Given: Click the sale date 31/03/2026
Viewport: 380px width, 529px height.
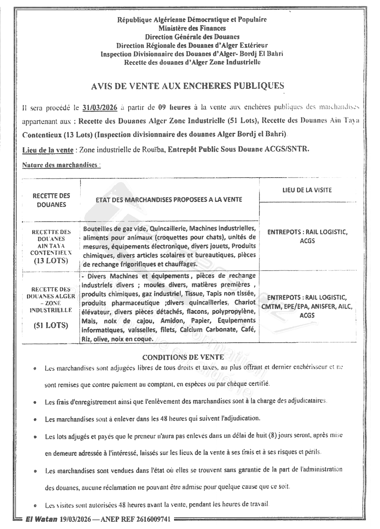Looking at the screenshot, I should (99, 107).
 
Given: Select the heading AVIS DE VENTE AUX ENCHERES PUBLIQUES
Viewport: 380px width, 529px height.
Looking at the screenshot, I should (188, 86).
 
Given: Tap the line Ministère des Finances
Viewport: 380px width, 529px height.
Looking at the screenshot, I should (192, 28).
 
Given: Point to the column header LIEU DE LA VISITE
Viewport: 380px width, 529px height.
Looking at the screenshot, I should (307, 190).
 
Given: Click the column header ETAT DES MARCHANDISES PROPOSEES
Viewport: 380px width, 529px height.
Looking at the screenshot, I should (169, 200).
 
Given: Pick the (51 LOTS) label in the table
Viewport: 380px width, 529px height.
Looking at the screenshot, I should (51, 325).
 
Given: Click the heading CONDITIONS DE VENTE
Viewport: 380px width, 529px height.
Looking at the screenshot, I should (183, 357).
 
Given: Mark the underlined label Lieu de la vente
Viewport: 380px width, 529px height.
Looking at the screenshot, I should (48, 150).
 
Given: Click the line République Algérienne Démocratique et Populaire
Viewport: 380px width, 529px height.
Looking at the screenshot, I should (192, 19).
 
